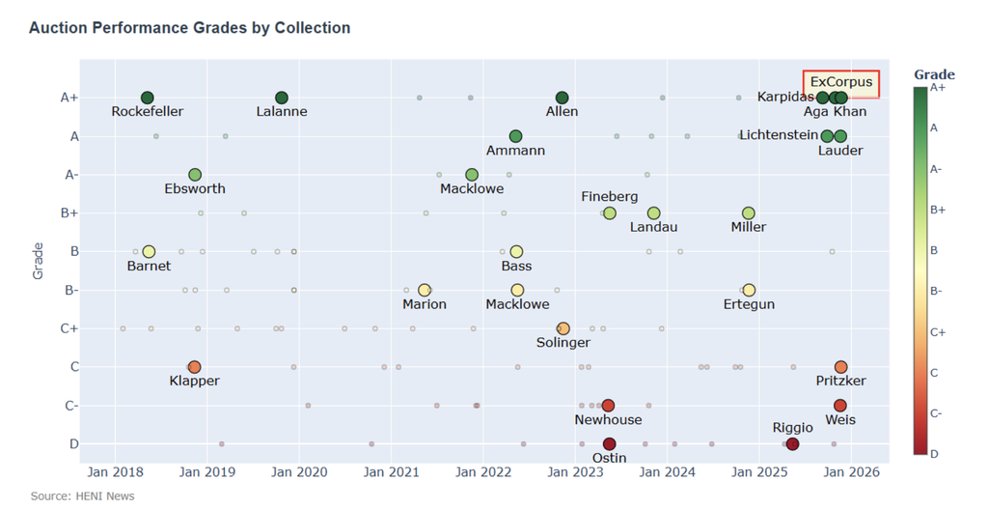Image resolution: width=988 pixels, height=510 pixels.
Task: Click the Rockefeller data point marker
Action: click(147, 98)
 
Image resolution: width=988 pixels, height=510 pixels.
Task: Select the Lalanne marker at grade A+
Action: click(282, 98)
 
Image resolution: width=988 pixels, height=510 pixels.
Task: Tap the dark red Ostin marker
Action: click(609, 444)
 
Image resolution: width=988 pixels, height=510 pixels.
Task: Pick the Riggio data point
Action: click(792, 444)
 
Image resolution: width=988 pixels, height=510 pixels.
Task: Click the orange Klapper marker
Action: click(194, 367)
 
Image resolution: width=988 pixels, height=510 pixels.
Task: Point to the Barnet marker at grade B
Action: click(149, 252)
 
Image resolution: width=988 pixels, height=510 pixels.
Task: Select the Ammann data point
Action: click(515, 136)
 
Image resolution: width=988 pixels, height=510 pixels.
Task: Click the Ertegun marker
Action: click(749, 290)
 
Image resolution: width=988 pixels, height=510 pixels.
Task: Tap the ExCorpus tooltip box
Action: click(840, 82)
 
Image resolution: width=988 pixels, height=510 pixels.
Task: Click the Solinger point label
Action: click(563, 343)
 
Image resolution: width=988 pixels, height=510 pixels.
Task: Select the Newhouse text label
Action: click(608, 420)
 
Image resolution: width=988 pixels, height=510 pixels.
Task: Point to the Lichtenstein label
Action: click(779, 135)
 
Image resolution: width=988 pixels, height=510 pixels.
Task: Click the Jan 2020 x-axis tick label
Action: click(299, 472)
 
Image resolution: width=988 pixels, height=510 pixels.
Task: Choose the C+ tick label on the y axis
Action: click(69, 328)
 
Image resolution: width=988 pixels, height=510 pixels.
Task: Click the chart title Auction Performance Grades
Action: click(190, 28)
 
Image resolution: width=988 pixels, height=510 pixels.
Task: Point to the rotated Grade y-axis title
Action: click(39, 261)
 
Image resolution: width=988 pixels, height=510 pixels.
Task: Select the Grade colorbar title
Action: click(934, 74)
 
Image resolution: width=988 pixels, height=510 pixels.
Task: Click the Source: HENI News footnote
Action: click(83, 496)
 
